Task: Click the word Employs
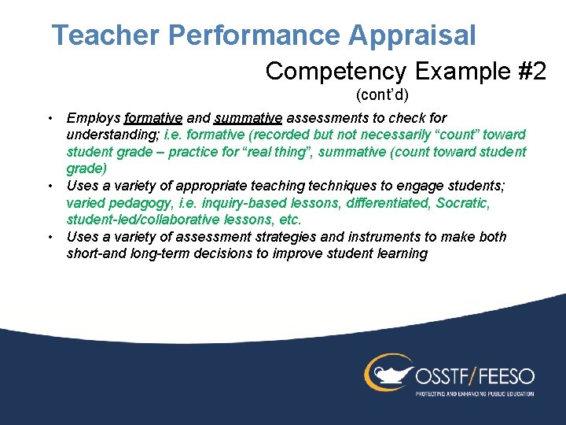[94, 118]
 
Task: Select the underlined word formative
[153, 118]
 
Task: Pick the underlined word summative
[248, 118]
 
